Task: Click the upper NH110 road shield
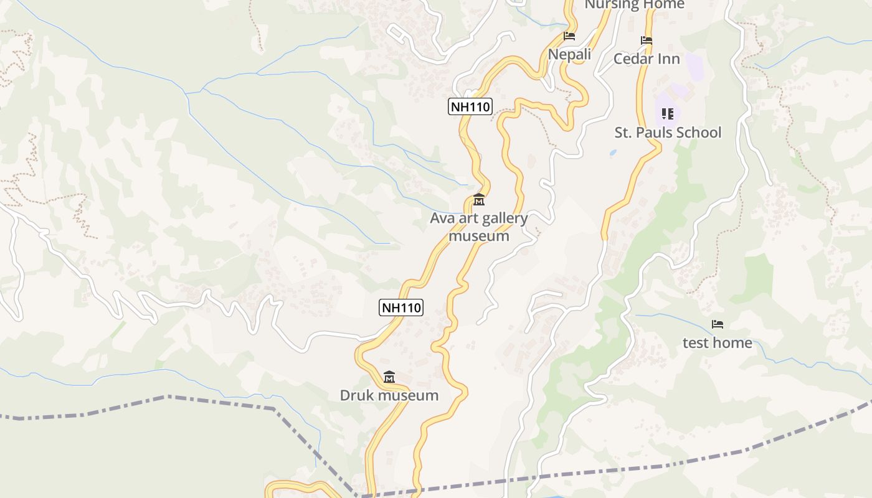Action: (470, 106)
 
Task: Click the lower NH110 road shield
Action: (401, 307)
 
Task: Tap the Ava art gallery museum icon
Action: (479, 200)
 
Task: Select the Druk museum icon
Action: (389, 377)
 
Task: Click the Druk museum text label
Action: (389, 395)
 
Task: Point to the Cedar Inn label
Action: (647, 59)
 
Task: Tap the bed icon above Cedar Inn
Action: (647, 40)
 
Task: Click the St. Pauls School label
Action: (668, 133)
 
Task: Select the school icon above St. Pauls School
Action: (668, 114)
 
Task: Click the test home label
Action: (718, 343)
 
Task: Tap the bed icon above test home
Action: (718, 324)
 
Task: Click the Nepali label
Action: (569, 55)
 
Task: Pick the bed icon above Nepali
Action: (569, 36)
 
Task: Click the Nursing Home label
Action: (634, 5)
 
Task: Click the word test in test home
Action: (696, 343)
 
